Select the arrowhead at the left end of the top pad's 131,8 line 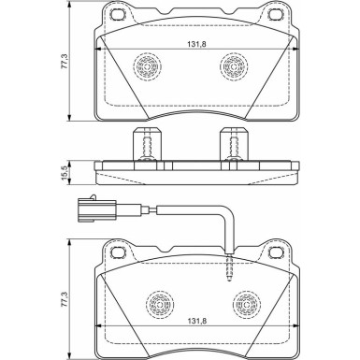[101, 49]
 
